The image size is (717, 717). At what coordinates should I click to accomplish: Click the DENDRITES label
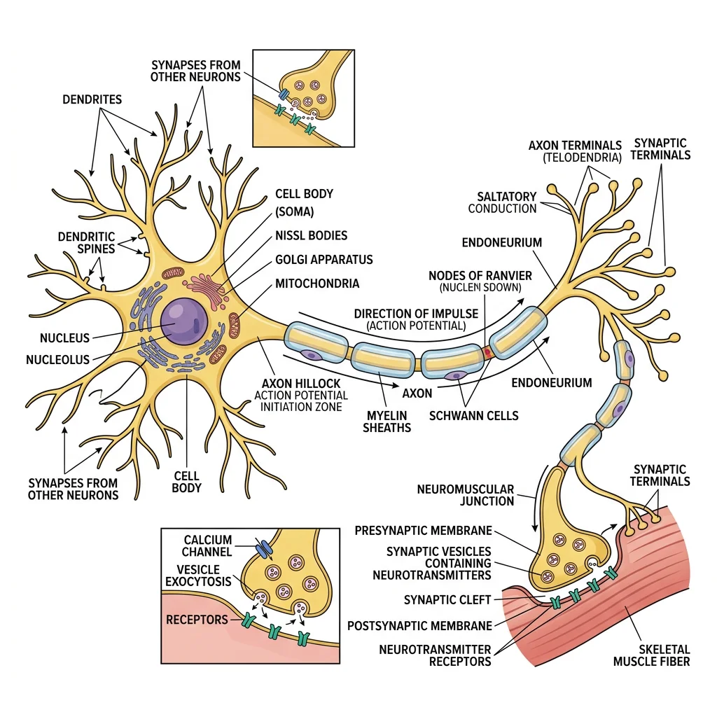[x=92, y=99]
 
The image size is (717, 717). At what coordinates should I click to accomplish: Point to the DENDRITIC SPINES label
[x=86, y=244]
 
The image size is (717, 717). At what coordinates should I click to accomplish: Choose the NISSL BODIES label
[x=311, y=235]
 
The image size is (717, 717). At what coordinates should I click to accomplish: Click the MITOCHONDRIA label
[x=317, y=284]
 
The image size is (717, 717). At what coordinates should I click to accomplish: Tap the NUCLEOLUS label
[x=57, y=360]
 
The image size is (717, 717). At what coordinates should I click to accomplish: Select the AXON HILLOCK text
[x=301, y=384]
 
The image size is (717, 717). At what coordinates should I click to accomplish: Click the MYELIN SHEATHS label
[x=387, y=422]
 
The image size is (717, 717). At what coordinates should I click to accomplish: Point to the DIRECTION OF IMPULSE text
[x=416, y=314]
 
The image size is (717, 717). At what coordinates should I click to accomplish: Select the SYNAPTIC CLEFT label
[x=448, y=600]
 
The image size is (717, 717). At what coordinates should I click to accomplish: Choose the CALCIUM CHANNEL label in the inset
[x=207, y=546]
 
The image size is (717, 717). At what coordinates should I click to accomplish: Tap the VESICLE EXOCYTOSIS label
[x=198, y=576]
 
